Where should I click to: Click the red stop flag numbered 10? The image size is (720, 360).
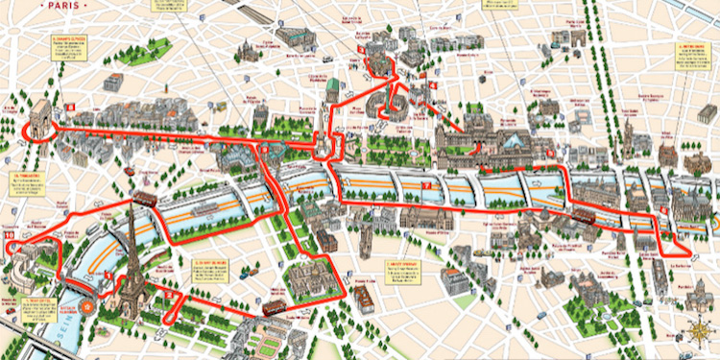[x=10, y=233]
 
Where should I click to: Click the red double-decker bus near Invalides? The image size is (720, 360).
[x=274, y=307]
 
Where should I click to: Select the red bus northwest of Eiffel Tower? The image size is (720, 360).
[x=145, y=198]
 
